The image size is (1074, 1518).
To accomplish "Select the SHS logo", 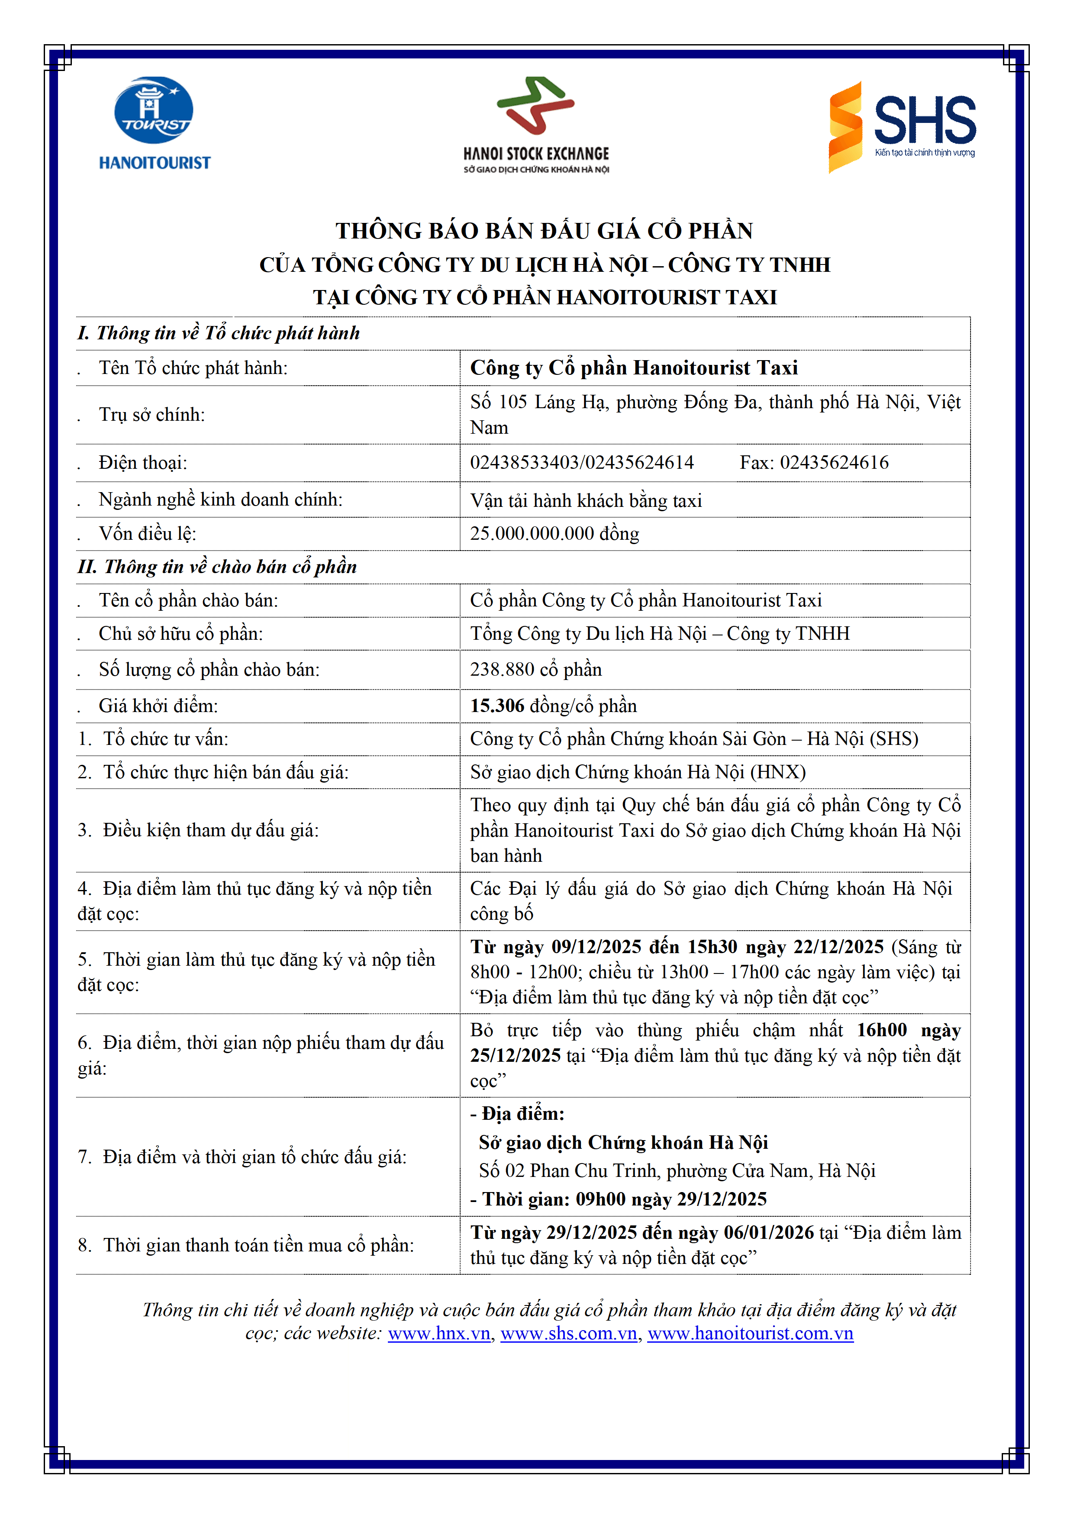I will tap(902, 126).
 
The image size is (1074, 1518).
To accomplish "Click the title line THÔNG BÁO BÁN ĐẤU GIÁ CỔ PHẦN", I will tap(544, 231).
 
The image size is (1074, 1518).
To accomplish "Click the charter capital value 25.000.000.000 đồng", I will tap(554, 534).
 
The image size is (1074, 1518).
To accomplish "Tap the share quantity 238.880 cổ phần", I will tap(535, 670).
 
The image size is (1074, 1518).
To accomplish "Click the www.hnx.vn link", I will tap(439, 1334).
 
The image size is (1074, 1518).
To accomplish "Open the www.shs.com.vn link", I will tap(569, 1334).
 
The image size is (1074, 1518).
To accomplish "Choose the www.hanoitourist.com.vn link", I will tap(750, 1334).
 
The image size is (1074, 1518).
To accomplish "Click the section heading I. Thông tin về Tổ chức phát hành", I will tap(218, 333).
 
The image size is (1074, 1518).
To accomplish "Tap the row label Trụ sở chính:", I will tap(152, 415).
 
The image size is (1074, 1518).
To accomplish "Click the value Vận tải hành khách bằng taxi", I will tap(586, 500).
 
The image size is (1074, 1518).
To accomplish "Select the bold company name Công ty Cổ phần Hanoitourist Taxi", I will tap(634, 367).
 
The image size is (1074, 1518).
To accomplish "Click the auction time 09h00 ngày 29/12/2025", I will tap(671, 1199).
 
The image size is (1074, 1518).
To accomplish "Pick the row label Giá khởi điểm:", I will tap(158, 706).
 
